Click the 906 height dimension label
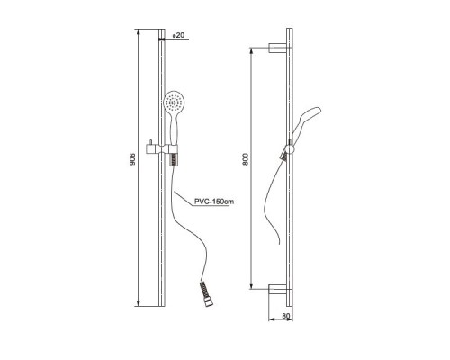tap(133, 159)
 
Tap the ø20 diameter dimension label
tap(178, 35)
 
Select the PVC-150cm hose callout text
tap(214, 202)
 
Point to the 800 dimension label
tap(246, 160)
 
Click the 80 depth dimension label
tap(286, 316)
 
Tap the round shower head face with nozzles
tap(175, 102)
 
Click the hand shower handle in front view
tap(174, 129)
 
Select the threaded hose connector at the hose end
tap(206, 293)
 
